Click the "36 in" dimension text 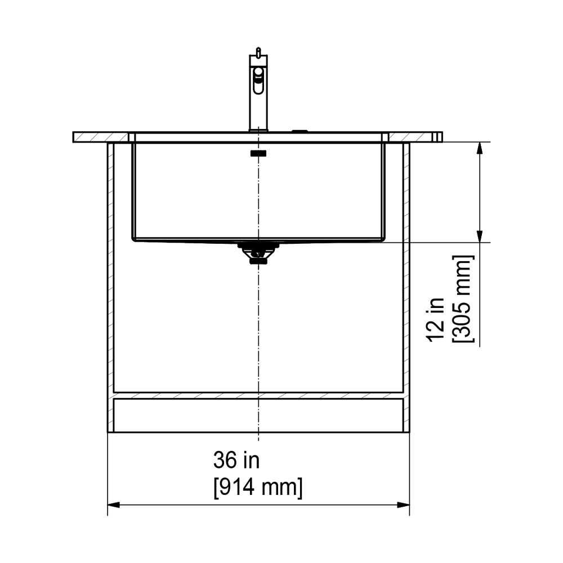click(x=236, y=460)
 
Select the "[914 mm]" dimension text click(x=258, y=488)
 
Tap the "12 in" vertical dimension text click(x=435, y=320)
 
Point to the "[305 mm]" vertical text click(x=463, y=299)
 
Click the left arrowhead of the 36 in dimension click(x=114, y=505)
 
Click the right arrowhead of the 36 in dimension click(x=404, y=505)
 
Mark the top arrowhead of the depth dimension click(x=479, y=148)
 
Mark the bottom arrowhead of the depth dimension click(x=479, y=236)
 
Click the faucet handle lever click(x=258, y=80)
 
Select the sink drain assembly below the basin click(x=258, y=253)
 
